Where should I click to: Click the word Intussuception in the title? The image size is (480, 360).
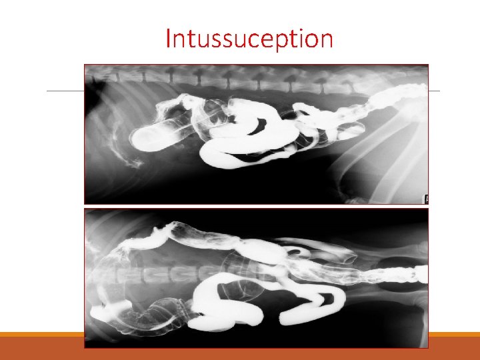pyautogui.click(x=249, y=39)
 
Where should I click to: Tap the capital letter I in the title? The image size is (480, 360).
pyautogui.click(x=169, y=39)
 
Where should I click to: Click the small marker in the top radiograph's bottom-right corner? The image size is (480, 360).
pyautogui.click(x=425, y=198)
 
